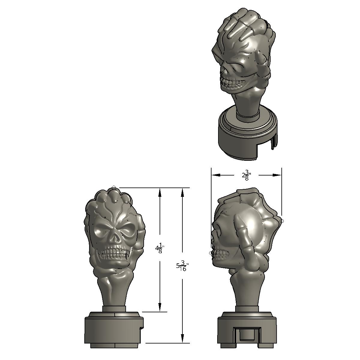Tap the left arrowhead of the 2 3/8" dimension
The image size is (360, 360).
pyautogui.click(x=216, y=175)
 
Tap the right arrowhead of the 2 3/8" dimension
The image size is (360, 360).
pyautogui.click(x=276, y=175)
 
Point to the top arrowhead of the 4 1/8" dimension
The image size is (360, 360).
pyautogui.click(x=160, y=192)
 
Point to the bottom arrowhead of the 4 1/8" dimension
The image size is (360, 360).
pyautogui.click(x=160, y=307)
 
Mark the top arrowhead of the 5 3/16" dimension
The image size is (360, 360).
pyautogui.click(x=182, y=192)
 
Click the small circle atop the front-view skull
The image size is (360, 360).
pyautogui.click(x=114, y=188)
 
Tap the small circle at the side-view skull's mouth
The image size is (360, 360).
pyautogui.click(x=211, y=253)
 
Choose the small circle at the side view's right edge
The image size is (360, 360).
pyautogui.click(x=281, y=221)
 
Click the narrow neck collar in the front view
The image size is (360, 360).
pyautogui.click(x=114, y=309)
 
